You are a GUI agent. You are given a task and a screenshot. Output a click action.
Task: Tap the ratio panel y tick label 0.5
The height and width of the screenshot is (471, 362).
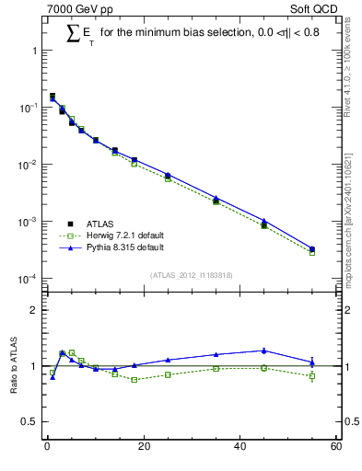[x=29, y=422]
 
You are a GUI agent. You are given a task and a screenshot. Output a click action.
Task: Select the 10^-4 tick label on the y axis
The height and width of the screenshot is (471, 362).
[x=28, y=279]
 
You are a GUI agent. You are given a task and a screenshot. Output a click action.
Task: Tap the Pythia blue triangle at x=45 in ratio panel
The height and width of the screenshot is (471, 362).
[x=264, y=350]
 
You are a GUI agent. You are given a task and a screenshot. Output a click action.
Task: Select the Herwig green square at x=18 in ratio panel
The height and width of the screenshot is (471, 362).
[x=134, y=379]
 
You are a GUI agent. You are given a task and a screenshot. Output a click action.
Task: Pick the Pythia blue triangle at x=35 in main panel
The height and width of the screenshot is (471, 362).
[x=216, y=198]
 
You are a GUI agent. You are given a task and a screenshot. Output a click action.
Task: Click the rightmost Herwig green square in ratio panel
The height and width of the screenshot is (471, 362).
[x=312, y=375]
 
